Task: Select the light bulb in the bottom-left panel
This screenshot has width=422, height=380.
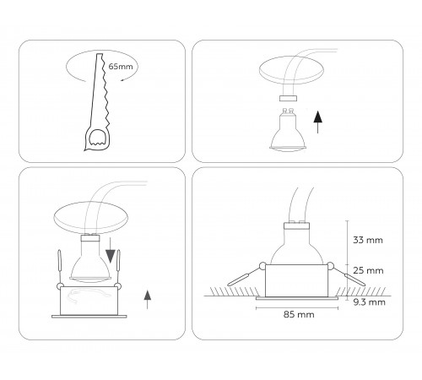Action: [89, 258]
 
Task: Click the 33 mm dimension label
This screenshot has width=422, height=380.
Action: [368, 241]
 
